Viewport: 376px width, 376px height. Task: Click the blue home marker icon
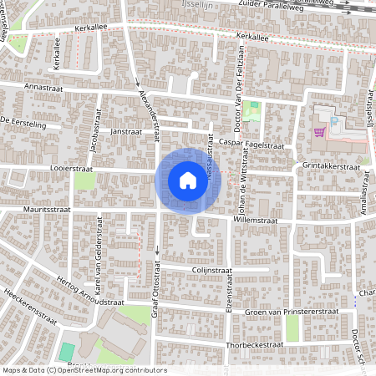[187, 180]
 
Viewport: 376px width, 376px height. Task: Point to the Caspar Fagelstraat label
[252, 145]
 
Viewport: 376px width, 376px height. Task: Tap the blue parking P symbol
[334, 122]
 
